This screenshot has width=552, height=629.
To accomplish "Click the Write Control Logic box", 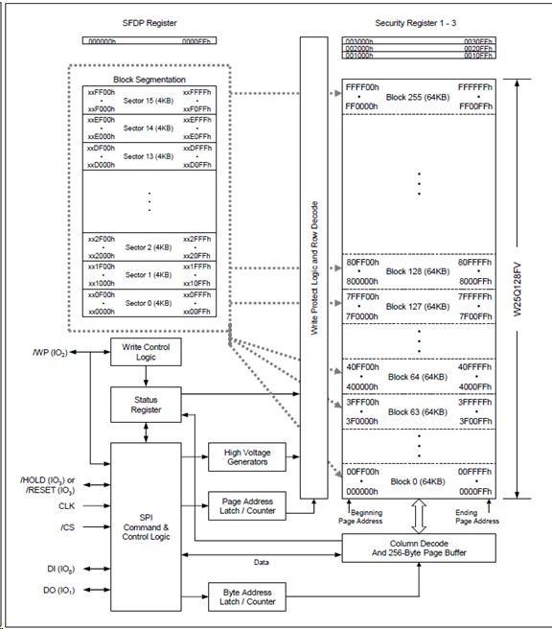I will (x=147, y=352).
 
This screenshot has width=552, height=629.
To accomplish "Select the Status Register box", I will (x=147, y=404).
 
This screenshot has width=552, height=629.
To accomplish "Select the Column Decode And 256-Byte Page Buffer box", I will (x=419, y=547).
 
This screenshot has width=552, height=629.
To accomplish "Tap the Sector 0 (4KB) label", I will (x=149, y=302).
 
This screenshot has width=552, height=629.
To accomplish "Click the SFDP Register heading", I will (x=149, y=20).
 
